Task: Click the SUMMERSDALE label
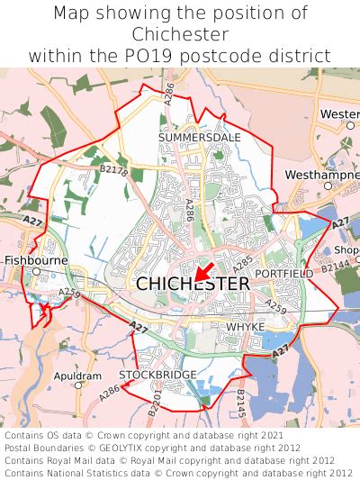[193, 137]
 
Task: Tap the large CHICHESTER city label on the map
[193, 284]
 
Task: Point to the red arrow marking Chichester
[202, 271]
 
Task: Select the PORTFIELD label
[284, 273]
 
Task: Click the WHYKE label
[246, 326]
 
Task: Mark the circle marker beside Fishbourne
[36, 270]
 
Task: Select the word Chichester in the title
[180, 34]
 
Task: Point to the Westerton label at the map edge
[339, 115]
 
